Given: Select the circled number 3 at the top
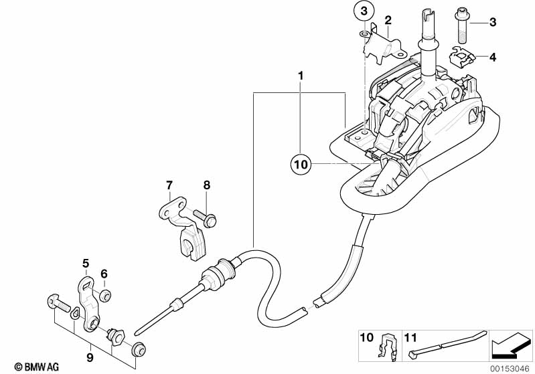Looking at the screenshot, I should click(x=363, y=11).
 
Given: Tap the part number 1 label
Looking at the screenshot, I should click(x=301, y=76).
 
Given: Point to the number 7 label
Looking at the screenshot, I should click(x=169, y=184).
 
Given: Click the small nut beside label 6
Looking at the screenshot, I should click(x=105, y=294).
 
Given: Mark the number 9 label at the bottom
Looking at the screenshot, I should click(x=88, y=359).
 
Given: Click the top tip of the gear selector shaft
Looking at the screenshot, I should click(x=429, y=12).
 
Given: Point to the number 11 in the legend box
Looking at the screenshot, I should click(x=410, y=337).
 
